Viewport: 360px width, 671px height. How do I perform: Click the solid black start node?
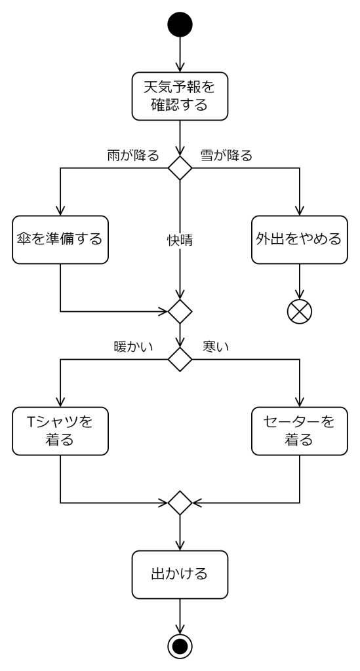[180, 24]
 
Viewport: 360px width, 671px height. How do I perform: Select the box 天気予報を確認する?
[180, 96]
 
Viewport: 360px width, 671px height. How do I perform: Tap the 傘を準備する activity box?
[60, 240]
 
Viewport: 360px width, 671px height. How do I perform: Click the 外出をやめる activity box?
[299, 240]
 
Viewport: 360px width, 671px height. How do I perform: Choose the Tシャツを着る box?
[60, 431]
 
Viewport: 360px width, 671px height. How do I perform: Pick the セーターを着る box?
[299, 431]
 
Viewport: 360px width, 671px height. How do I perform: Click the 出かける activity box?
[180, 574]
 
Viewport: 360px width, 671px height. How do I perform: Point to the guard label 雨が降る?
[133, 155]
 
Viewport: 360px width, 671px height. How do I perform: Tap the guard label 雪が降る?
[226, 155]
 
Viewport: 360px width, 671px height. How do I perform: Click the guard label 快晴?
[180, 240]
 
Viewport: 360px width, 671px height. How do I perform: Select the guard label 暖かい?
[134, 346]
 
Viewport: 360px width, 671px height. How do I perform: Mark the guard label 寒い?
[216, 346]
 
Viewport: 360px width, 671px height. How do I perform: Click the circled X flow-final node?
[299, 311]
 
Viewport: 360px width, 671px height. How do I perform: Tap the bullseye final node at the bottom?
[180, 646]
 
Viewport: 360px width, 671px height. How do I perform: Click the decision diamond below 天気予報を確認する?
[180, 168]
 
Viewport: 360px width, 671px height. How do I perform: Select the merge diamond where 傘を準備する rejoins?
[180, 311]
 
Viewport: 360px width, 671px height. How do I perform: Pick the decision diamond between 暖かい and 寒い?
[180, 359]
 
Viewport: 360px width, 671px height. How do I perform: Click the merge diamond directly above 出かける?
[180, 503]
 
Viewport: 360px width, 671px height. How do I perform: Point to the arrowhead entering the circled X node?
[299, 294]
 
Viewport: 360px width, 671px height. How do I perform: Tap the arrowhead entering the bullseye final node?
[180, 629]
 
